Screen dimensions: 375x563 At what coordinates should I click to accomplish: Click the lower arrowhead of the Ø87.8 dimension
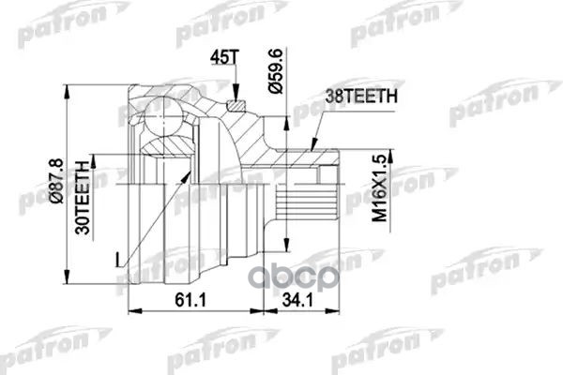point(68,279)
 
